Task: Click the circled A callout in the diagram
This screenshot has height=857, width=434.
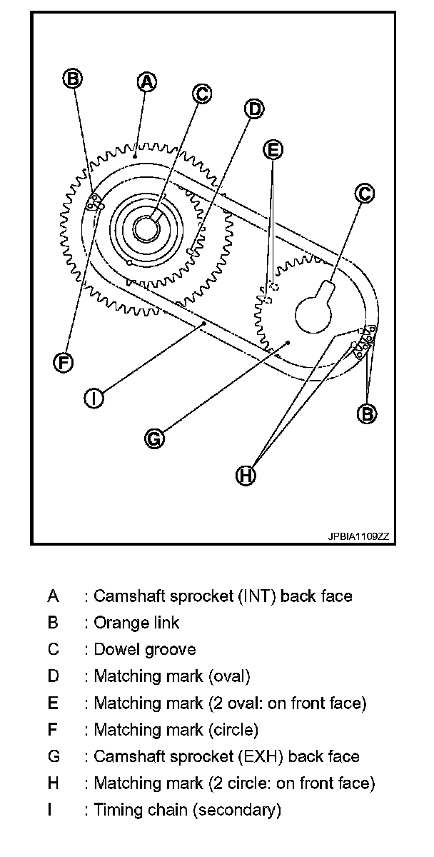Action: pos(146,82)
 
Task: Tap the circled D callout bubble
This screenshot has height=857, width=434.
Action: pos(253,109)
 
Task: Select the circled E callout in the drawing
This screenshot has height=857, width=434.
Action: pos(272,149)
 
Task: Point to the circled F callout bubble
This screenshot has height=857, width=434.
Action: pos(64,362)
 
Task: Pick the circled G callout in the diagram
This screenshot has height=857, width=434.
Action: pos(154,438)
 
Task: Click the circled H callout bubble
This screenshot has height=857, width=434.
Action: pos(246,475)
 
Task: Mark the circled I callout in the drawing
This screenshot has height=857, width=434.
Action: pos(94,397)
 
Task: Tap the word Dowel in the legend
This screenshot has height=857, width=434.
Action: pos(114,649)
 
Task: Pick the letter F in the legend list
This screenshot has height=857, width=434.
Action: pos(53,730)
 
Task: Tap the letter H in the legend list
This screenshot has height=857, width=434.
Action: pos(53,783)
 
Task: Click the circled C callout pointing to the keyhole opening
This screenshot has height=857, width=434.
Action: pos(364,193)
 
